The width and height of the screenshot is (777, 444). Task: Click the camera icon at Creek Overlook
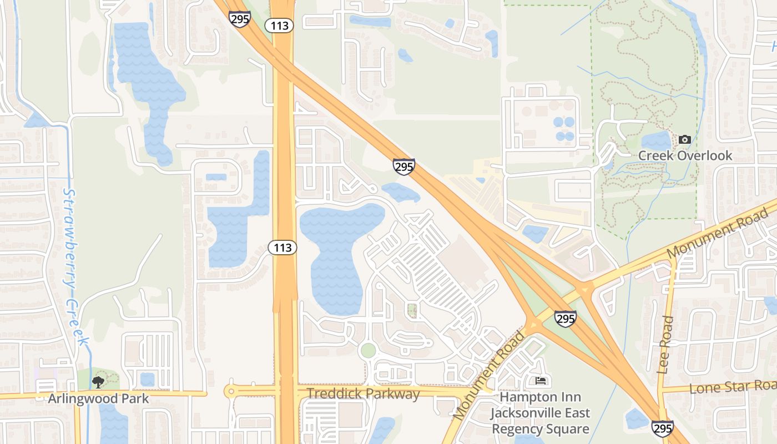point(685,139)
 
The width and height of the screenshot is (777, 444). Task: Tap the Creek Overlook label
point(685,155)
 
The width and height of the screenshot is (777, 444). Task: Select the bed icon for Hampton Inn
point(541,381)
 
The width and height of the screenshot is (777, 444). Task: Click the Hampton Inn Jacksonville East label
point(540,413)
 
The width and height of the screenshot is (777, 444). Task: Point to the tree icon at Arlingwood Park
point(98,382)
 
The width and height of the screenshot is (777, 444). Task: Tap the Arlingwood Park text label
point(98,398)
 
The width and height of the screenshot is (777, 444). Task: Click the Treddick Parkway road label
point(364,394)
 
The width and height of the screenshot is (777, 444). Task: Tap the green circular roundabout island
point(367,351)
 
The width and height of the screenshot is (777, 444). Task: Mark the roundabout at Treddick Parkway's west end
point(230,391)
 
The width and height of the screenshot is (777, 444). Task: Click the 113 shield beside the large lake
point(283,248)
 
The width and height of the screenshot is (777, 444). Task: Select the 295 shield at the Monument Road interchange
point(565,319)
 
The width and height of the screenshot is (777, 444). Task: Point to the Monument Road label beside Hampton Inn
point(488,376)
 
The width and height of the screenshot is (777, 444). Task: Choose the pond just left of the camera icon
point(657,142)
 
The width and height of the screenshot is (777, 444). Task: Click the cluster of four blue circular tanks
point(564,128)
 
